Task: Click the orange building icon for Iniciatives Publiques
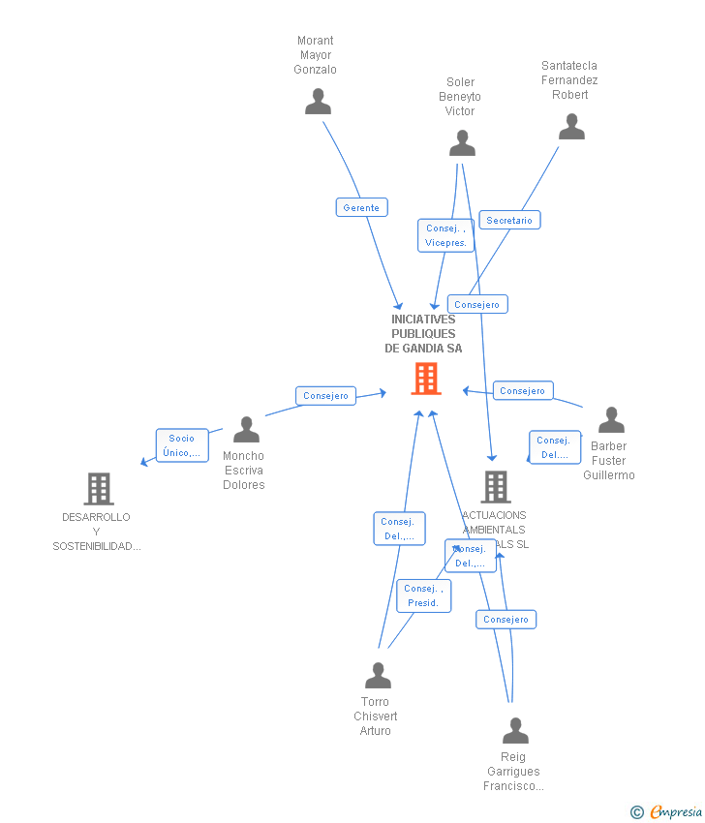point(425,379)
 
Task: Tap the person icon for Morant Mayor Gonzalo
point(318,102)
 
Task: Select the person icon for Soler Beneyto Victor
point(462,143)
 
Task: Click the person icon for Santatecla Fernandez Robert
point(571,127)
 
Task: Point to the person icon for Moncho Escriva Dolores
point(246,430)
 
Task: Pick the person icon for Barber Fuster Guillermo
point(611,420)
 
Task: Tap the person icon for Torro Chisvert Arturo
point(378,676)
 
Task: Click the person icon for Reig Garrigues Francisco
point(515,731)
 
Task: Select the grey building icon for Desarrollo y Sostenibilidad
point(99,489)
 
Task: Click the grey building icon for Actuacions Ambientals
point(496,487)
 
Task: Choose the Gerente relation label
point(361,207)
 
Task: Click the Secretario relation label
point(509,221)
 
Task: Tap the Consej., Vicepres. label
point(445,235)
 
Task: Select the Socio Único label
point(181,445)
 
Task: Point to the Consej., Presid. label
point(423,595)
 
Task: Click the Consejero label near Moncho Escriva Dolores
point(325,396)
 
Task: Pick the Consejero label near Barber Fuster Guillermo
point(523,391)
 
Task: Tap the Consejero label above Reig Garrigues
point(506,620)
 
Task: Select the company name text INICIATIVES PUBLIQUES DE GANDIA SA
point(423,334)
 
